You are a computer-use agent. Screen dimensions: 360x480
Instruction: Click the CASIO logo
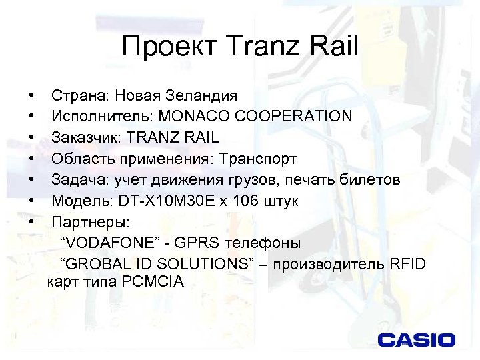(417, 340)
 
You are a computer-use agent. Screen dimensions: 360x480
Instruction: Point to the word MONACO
(192, 116)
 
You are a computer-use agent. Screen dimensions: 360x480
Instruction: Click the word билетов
(371, 180)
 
